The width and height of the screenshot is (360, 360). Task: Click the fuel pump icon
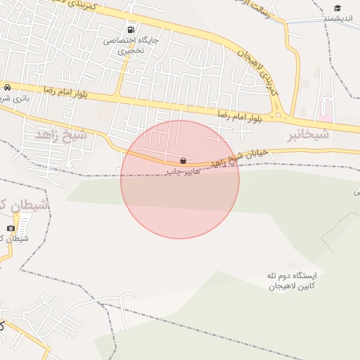130,30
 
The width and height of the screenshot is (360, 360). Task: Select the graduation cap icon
337,8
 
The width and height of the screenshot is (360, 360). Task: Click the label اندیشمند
337,18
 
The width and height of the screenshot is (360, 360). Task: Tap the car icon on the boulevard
7,88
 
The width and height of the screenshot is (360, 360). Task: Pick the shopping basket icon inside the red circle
183,161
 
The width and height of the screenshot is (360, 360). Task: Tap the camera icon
11,228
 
